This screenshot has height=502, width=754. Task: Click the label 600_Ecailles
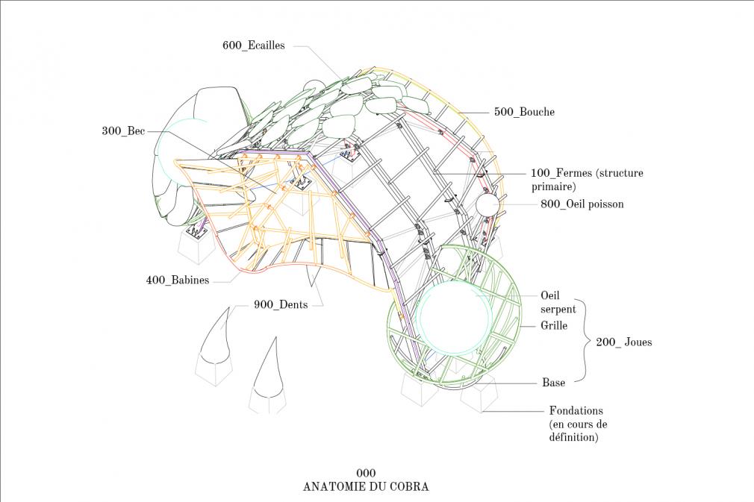tap(253, 46)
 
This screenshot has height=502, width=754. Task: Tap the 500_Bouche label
tap(524, 112)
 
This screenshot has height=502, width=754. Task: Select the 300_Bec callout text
tap(123, 131)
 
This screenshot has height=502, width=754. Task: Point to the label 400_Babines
tap(178, 280)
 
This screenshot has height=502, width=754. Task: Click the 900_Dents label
tap(281, 304)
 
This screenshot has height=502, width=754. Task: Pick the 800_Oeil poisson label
tap(582, 204)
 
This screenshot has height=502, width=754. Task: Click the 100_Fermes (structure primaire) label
tap(587, 180)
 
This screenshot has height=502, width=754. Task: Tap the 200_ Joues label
tap(623, 342)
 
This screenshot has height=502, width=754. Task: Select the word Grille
tap(554, 325)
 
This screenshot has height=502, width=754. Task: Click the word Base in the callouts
tap(553, 383)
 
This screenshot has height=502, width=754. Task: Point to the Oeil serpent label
tap(558, 302)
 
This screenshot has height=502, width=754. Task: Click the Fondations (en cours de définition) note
tap(578, 424)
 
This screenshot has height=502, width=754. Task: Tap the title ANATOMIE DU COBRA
tap(366, 486)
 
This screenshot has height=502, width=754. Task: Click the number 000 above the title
tap(366, 473)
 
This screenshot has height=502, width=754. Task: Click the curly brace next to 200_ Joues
tap(582, 341)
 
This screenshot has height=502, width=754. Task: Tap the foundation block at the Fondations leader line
tap(479, 393)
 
